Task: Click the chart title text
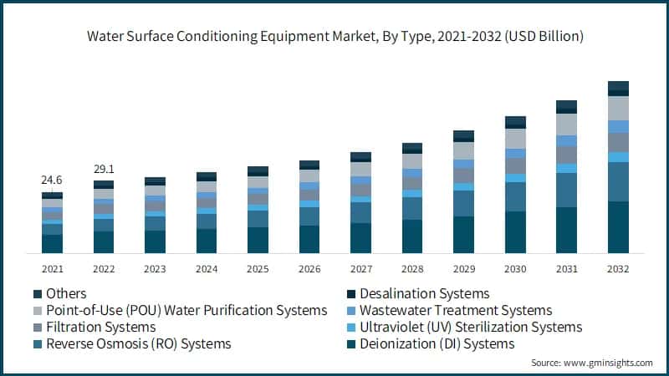coord(334,37)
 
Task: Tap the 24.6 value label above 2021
coord(52,180)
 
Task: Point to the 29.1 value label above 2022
coord(104,168)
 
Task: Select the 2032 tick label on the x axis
coord(618,269)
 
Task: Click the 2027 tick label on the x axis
coord(360,269)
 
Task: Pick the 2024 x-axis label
coord(207,269)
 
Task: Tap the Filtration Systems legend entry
coord(100,327)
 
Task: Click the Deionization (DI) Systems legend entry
coord(432,343)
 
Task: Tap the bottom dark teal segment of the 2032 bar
coord(618,227)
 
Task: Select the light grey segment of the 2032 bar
coord(618,108)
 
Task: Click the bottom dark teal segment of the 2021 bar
coord(52,243)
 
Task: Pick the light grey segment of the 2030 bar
coord(515,139)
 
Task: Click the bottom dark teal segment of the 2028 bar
coord(412,236)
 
